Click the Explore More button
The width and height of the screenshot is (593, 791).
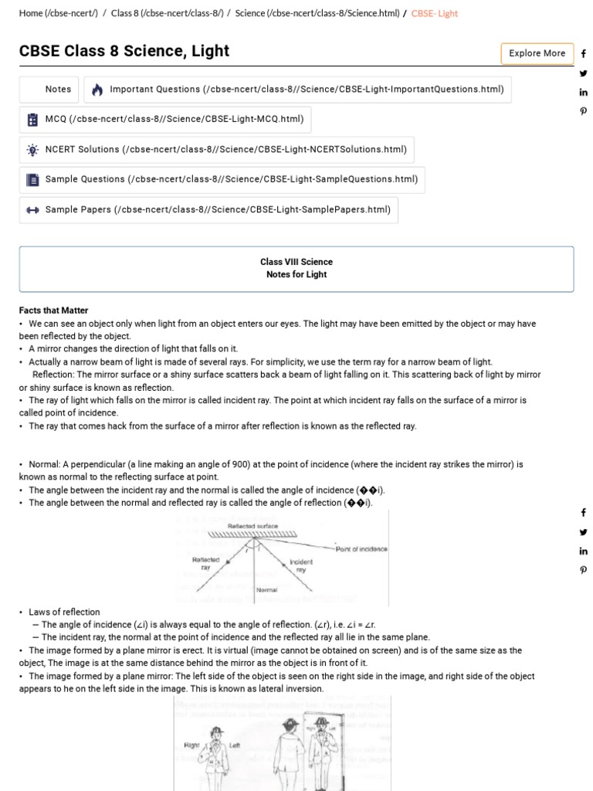click(537, 53)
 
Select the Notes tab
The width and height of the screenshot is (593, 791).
click(58, 90)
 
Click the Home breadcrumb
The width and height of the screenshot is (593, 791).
click(58, 14)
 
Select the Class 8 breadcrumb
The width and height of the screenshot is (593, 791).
click(167, 14)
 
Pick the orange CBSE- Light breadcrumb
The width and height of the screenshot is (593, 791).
click(435, 14)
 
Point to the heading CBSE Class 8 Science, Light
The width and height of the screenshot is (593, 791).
click(124, 51)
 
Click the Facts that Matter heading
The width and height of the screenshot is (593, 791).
click(53, 311)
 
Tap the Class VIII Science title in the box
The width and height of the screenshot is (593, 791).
click(296, 262)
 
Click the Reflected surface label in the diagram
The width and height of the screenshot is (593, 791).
click(252, 526)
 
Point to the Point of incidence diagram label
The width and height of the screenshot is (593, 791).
click(361, 549)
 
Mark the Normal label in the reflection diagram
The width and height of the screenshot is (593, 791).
click(266, 590)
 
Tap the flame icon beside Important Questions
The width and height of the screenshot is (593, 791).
click(97, 90)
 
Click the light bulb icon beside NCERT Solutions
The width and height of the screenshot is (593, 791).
click(32, 150)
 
